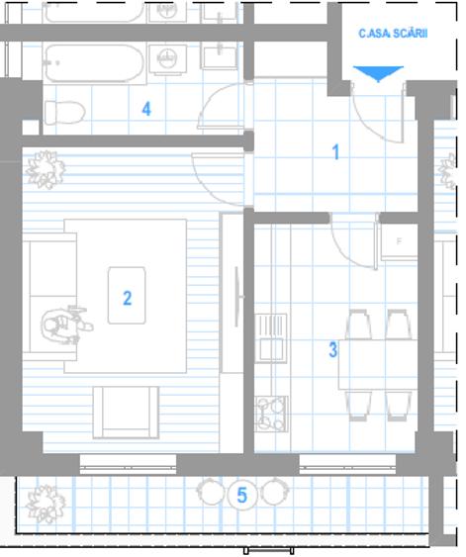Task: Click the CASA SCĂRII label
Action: (x=393, y=33)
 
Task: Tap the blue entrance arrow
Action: (x=378, y=73)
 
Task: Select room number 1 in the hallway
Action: (x=335, y=152)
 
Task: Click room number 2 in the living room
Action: (x=128, y=298)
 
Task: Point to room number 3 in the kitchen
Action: (x=332, y=349)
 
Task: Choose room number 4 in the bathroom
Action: (x=146, y=109)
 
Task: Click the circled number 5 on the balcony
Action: (x=241, y=495)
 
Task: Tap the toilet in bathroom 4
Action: (x=65, y=113)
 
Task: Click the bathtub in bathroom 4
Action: (x=94, y=63)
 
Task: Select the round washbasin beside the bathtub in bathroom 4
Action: (x=167, y=59)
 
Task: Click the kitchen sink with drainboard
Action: (x=271, y=337)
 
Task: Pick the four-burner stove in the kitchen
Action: (x=271, y=414)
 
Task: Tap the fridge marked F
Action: (x=399, y=242)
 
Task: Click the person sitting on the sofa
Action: (x=65, y=325)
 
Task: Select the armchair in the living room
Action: (x=126, y=413)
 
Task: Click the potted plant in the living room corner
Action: (x=46, y=169)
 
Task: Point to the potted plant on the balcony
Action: (x=46, y=505)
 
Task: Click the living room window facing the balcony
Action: (x=128, y=464)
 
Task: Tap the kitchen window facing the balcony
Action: (x=347, y=464)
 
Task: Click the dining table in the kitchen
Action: (x=378, y=365)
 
